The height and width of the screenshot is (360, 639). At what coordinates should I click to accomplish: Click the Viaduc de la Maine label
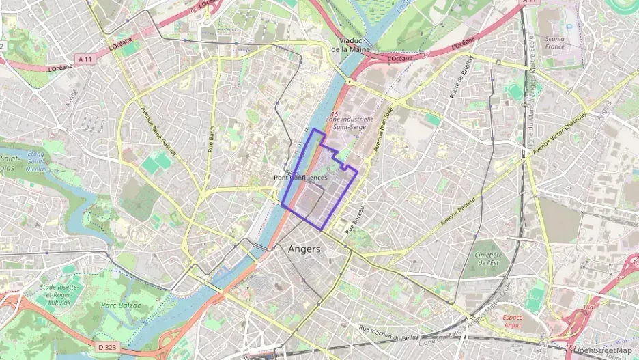[350, 44]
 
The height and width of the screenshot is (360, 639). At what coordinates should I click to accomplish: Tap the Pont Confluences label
[300, 178]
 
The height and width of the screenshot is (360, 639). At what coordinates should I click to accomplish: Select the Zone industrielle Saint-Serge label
[351, 123]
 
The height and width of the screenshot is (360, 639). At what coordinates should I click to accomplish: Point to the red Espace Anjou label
[513, 321]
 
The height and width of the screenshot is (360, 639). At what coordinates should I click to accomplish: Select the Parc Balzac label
[120, 305]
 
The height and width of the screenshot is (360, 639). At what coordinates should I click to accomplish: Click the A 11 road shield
[85, 59]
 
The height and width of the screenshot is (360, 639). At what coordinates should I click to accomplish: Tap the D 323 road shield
[106, 347]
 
